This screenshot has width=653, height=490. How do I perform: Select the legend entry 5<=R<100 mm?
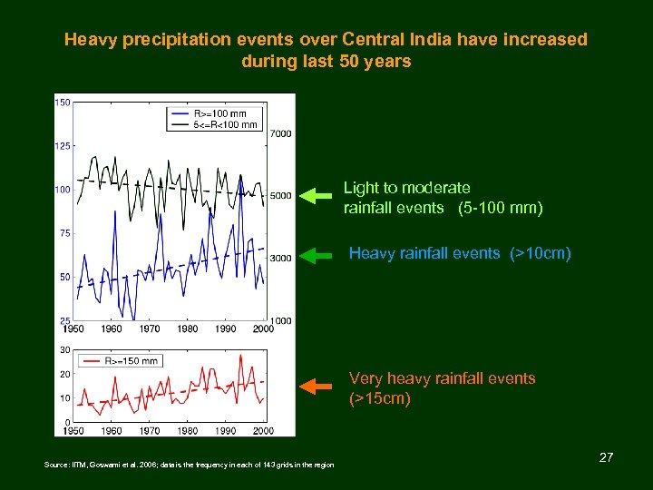pos(225,124)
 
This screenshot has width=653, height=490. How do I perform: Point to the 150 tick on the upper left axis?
pos(63,103)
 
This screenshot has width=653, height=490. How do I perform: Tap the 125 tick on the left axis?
pos(63,146)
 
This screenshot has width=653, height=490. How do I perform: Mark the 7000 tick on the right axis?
pos(281,134)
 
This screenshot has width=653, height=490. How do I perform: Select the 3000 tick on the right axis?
pos(281,259)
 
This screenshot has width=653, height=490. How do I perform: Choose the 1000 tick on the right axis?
pos(281,320)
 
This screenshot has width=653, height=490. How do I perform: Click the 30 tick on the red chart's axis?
pos(65,349)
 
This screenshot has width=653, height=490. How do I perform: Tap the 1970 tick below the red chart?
pos(150,431)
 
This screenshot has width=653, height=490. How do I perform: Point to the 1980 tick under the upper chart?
pos(187,329)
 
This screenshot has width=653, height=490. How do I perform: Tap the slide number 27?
pos(606,457)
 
